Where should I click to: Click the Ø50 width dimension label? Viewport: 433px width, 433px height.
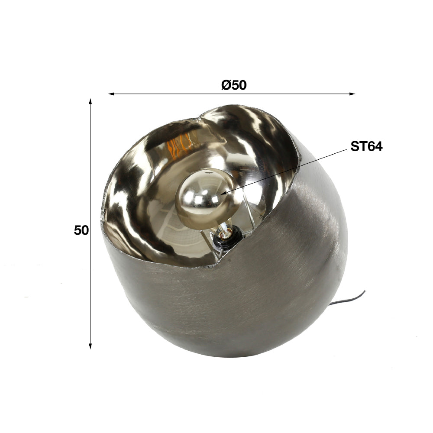click(x=234, y=85)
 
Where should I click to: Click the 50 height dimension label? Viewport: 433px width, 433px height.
click(x=81, y=230)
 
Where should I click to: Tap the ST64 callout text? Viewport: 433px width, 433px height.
click(x=366, y=146)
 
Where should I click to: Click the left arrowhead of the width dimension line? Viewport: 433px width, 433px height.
click(x=111, y=94)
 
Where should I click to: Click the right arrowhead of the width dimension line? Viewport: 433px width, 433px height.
click(x=352, y=94)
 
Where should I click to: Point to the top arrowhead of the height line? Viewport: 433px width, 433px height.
click(x=90, y=102)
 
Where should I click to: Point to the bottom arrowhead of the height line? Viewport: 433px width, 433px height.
click(x=90, y=346)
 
